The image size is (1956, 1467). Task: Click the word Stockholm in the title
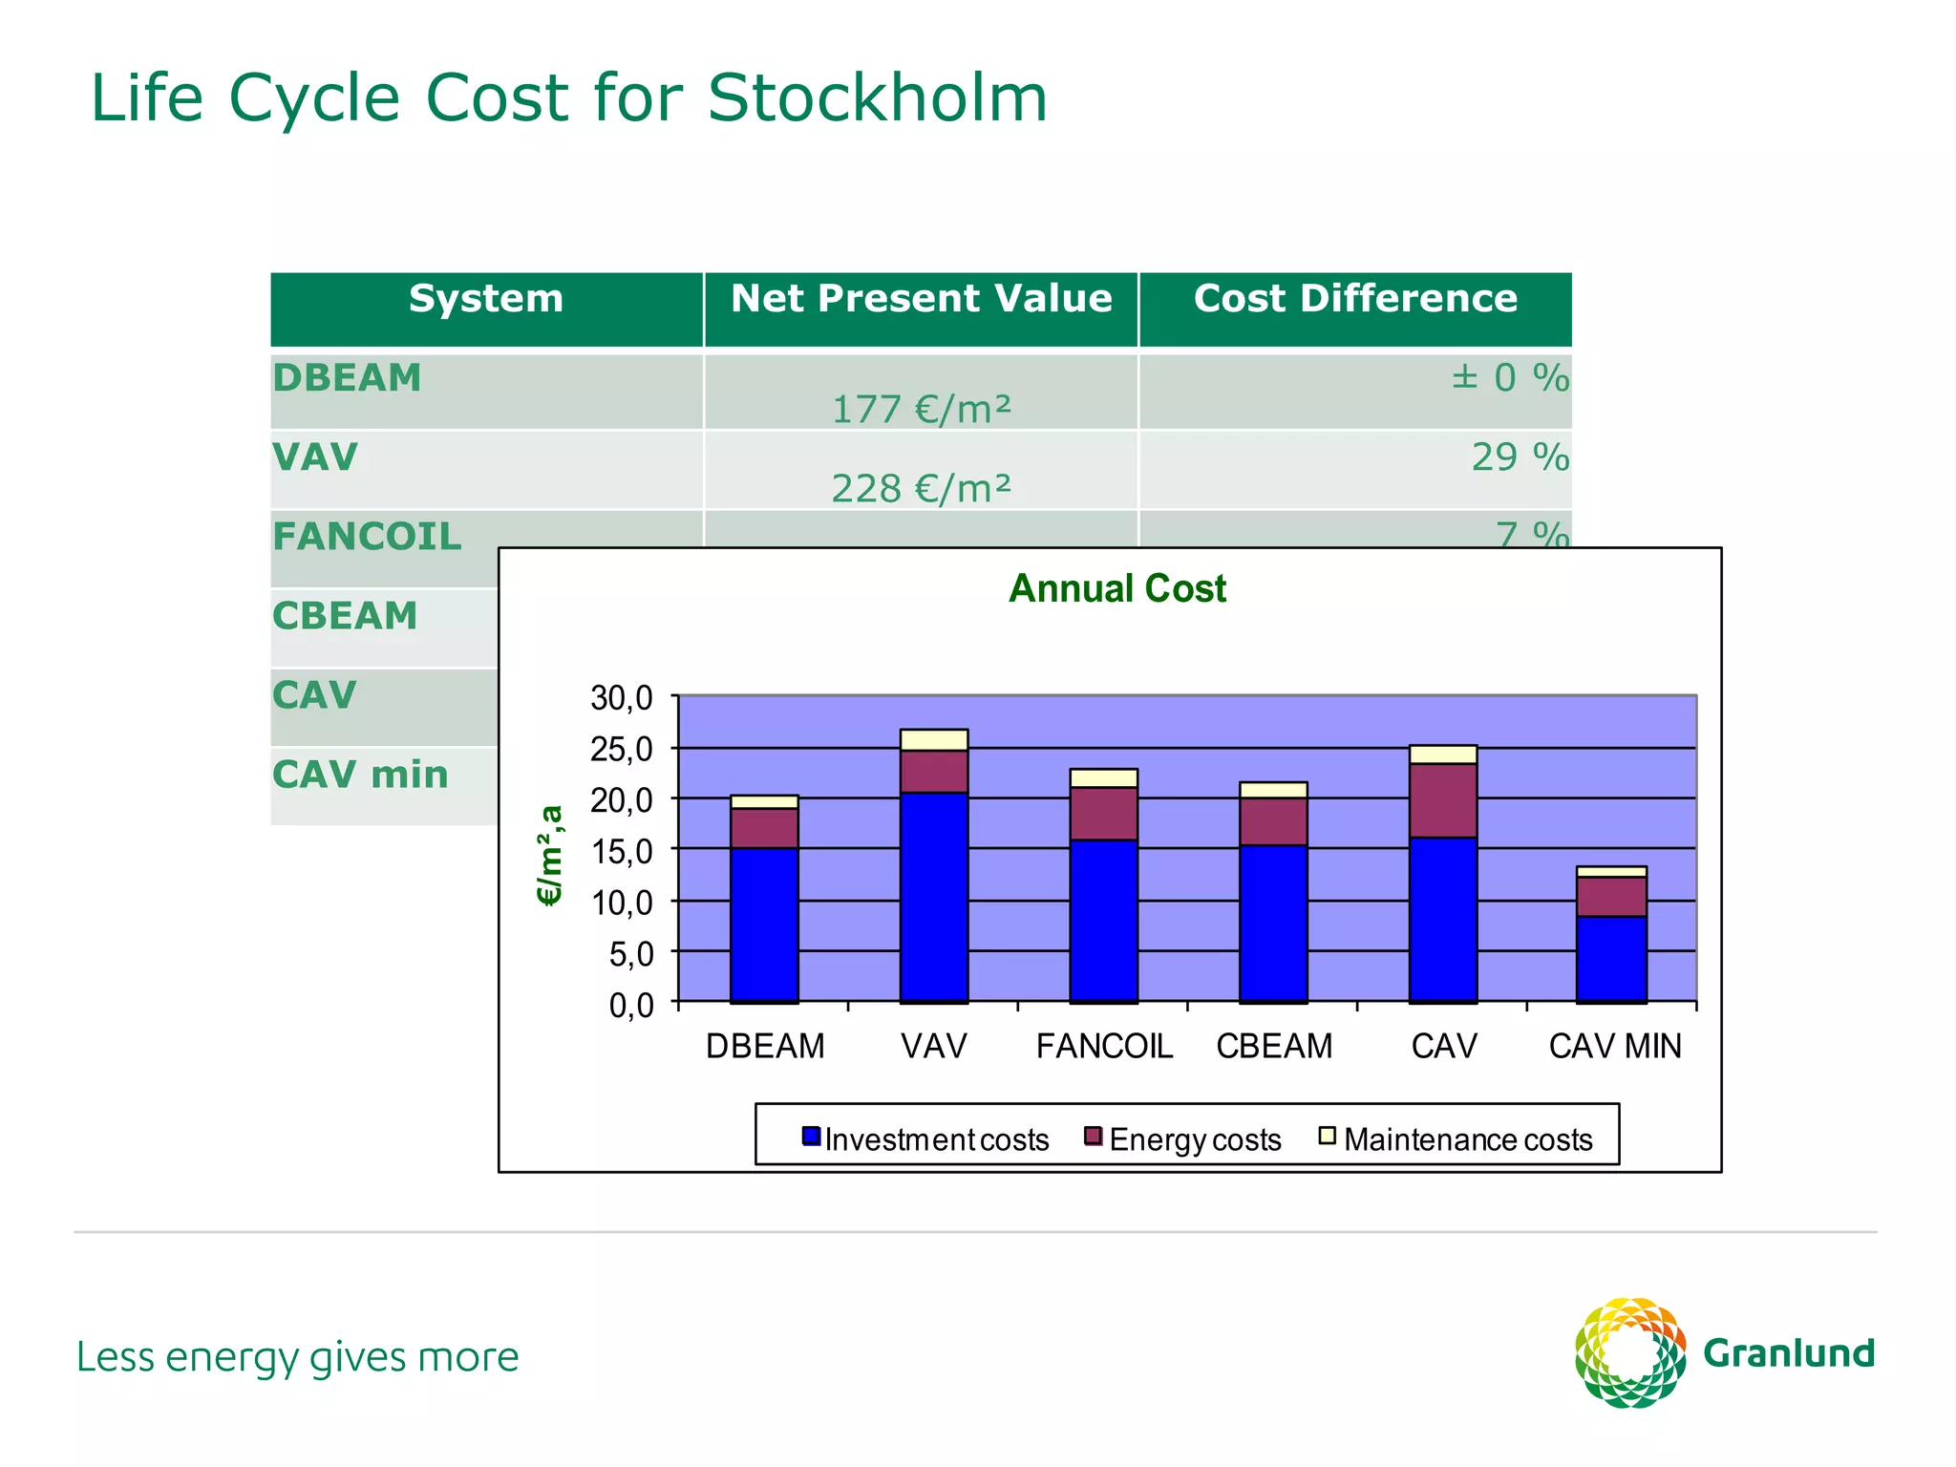point(877,98)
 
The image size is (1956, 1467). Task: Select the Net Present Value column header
point(921,299)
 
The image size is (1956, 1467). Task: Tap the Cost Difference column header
point(1354,299)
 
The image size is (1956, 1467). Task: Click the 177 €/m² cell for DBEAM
point(921,410)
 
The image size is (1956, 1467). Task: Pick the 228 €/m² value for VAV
point(921,489)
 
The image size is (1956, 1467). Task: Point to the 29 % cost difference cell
point(1519,457)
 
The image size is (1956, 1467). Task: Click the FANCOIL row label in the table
point(367,537)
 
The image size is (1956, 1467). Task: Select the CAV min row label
point(360,775)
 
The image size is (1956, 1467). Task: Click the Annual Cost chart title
point(1116,588)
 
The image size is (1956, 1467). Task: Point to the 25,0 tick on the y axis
point(621,750)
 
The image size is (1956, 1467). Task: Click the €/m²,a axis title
point(550,855)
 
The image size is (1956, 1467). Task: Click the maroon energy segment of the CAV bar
point(1442,800)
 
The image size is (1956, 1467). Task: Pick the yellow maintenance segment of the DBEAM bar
point(763,801)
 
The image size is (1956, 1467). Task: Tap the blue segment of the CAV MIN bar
point(1610,958)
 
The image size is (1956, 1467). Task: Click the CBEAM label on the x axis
point(1273,1047)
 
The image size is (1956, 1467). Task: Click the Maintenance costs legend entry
point(1456,1139)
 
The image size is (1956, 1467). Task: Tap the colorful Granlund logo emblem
point(1629,1352)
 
